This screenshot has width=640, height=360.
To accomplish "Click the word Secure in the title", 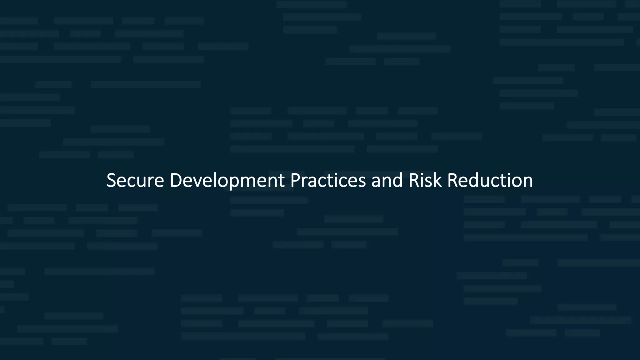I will (135, 180).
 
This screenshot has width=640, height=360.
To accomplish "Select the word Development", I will (227, 180).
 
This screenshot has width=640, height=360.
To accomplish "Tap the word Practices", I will (328, 180).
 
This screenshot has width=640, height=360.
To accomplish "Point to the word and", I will (387, 180).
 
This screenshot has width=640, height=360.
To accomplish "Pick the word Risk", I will (425, 180).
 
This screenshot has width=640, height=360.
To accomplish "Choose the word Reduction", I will (490, 180).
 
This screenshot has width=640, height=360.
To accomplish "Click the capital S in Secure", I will (111, 180).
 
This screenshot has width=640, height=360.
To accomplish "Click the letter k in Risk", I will (437, 180).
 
